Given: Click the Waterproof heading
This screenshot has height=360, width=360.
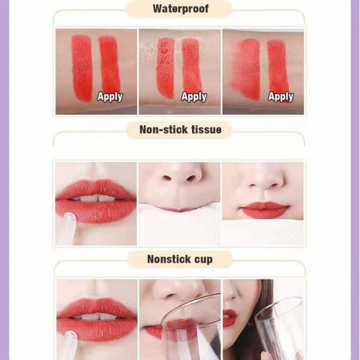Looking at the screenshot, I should pos(180,9).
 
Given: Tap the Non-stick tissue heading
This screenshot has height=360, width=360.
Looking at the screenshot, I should pos(180,130).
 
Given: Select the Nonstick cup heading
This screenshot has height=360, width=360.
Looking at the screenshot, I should pos(180,259).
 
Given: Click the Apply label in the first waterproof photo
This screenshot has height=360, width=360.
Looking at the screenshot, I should pos(109,96).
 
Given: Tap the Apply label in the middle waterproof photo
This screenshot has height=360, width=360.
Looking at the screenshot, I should pos(193,96).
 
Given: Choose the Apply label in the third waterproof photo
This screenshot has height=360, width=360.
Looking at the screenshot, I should pos(280,96).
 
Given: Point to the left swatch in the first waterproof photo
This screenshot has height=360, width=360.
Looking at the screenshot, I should pos(81,67).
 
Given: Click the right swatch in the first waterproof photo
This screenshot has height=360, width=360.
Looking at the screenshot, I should pos(109,64).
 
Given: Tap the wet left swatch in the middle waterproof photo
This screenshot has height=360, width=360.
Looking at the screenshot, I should pos(164,67).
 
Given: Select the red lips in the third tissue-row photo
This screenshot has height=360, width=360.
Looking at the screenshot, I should pos(265,209).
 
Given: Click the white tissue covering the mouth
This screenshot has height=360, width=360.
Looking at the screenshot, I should pos(180,225).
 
